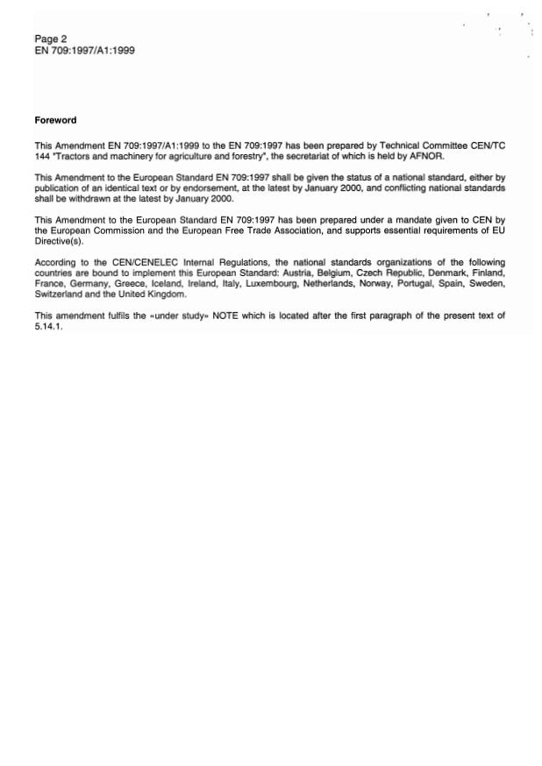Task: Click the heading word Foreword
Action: [55, 120]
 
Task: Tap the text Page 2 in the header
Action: [51, 39]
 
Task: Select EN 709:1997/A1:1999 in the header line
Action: [84, 51]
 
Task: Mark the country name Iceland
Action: [160, 282]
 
